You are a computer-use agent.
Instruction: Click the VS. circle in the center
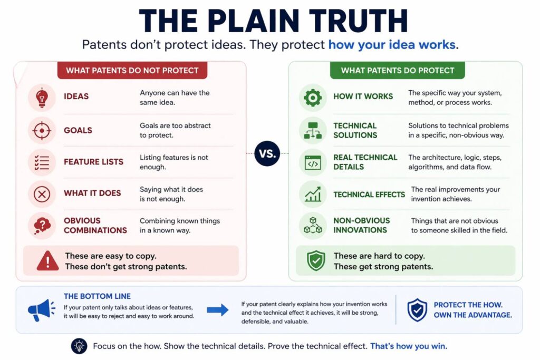click(x=267, y=153)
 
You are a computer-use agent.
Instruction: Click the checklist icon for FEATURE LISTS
click(x=42, y=162)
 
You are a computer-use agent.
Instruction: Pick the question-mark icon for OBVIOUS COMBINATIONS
click(x=42, y=226)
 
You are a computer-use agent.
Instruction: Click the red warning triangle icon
click(x=48, y=260)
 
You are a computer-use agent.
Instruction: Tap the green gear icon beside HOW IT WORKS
click(x=313, y=98)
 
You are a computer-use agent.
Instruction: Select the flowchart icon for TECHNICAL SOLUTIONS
click(x=313, y=130)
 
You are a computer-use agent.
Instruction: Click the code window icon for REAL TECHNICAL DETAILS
click(x=313, y=162)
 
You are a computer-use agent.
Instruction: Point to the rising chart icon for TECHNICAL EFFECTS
click(x=313, y=194)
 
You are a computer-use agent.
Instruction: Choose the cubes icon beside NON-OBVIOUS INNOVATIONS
click(x=313, y=226)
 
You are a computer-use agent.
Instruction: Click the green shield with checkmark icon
click(x=316, y=260)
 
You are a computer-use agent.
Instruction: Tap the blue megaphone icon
click(x=42, y=310)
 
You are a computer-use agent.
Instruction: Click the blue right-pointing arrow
click(x=217, y=310)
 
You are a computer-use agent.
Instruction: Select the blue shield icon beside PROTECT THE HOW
click(x=417, y=310)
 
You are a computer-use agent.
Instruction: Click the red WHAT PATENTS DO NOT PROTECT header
click(x=132, y=70)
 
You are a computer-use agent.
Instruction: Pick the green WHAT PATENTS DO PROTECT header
click(x=397, y=70)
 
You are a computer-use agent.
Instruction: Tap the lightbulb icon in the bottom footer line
click(x=79, y=346)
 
